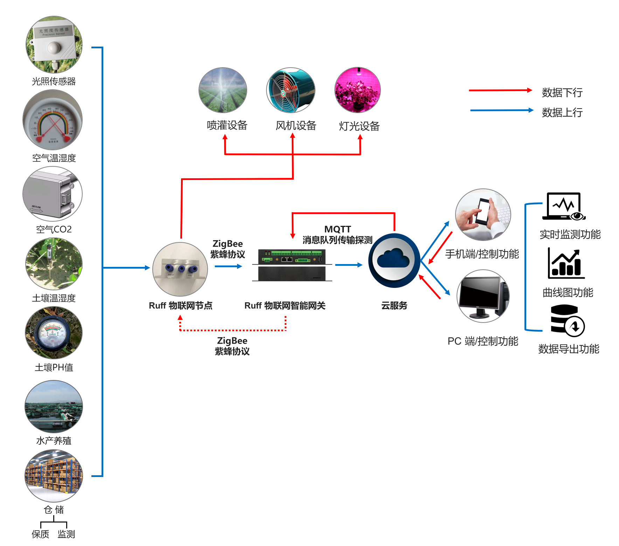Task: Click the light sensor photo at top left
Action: (54, 44)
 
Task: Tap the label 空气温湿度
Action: (54, 158)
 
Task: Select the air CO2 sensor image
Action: (53, 194)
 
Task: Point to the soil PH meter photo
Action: (54, 333)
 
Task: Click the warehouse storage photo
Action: (54, 475)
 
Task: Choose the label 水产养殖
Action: (54, 441)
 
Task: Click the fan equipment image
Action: (291, 90)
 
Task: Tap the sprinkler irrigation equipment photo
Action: (223, 90)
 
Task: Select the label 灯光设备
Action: (359, 126)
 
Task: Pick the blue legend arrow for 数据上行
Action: (501, 110)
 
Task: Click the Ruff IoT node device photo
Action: (180, 269)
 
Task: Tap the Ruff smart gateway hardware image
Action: (292, 265)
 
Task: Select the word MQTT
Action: (338, 229)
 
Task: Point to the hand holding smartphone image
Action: (483, 215)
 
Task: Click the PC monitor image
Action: (483, 296)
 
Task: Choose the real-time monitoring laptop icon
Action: (564, 207)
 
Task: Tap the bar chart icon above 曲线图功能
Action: (566, 263)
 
